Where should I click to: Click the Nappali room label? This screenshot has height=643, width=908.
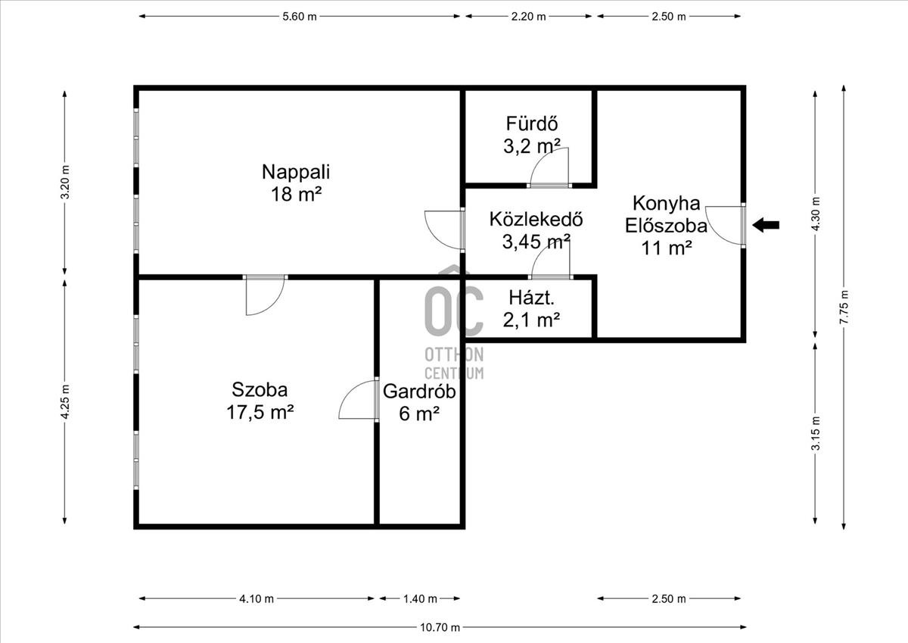click(x=296, y=183)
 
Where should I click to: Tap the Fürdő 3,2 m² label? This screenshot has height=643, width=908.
click(x=532, y=135)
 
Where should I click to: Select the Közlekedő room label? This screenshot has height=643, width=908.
click(x=536, y=230)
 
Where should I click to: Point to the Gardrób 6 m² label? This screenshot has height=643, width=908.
click(x=419, y=402)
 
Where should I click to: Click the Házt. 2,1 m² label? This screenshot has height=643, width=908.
click(x=531, y=309)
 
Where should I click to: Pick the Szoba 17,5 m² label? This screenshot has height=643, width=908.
click(x=260, y=401)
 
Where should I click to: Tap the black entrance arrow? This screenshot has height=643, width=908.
click(x=766, y=225)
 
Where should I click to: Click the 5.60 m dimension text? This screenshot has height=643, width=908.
click(x=300, y=17)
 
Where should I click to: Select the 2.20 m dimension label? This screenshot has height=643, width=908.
click(x=529, y=17)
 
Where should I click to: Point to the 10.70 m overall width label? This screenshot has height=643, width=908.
click(x=440, y=628)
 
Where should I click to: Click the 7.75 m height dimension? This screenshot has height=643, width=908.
click(x=844, y=307)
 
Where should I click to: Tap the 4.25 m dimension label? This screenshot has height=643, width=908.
click(x=65, y=401)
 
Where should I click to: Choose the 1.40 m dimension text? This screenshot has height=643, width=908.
click(x=420, y=599)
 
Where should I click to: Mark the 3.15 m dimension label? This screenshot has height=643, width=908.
click(x=816, y=433)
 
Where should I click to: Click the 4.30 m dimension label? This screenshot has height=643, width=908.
click(x=816, y=214)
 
